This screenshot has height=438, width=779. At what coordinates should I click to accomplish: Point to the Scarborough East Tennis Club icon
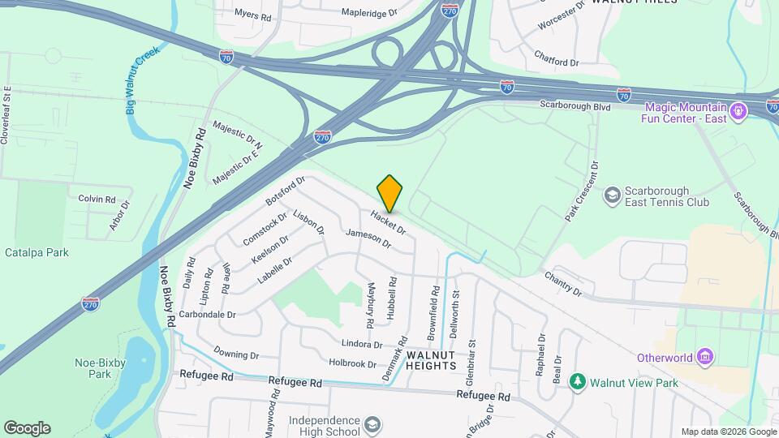612,195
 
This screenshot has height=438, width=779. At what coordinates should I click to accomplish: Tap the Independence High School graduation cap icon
372,426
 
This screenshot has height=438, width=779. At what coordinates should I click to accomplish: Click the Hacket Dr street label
388,224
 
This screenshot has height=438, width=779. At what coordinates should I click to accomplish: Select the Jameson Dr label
368,238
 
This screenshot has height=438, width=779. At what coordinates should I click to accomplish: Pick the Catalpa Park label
37,252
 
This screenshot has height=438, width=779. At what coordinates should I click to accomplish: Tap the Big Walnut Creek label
143,79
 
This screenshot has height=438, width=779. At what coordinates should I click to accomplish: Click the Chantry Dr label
564,283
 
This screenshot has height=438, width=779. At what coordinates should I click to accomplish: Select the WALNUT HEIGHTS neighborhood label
431,360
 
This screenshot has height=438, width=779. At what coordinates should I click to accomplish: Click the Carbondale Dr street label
208,314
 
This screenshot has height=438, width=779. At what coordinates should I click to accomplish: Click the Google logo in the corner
27,428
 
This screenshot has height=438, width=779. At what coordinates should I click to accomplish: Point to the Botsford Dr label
285,191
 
